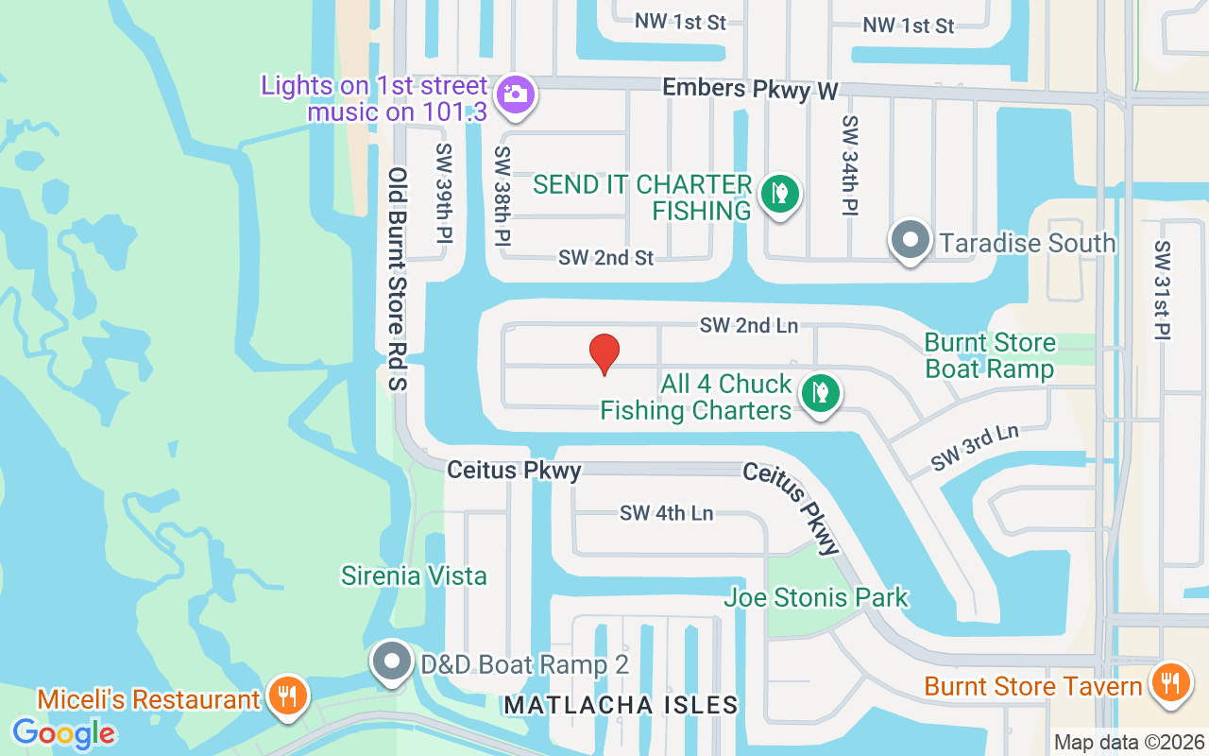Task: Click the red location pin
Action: coord(604,353)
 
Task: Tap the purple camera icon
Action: coord(515,94)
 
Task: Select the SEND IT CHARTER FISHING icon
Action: coord(779,194)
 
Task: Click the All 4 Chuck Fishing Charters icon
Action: coord(820,392)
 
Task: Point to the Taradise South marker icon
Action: coord(910,240)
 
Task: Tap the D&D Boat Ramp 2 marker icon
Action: coord(391,662)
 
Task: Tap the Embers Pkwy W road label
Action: coord(750,89)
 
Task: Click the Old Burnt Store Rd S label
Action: coord(398,279)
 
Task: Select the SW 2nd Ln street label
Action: coord(748,326)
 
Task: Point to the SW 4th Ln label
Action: coord(666,513)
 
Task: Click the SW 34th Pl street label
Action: coord(851,167)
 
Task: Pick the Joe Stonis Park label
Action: coord(815,597)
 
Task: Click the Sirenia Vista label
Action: coord(414,576)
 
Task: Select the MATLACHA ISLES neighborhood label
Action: coord(621,705)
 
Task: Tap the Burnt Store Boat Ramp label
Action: coord(989,355)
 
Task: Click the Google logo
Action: coord(63,732)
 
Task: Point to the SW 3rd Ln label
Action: coord(975,447)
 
